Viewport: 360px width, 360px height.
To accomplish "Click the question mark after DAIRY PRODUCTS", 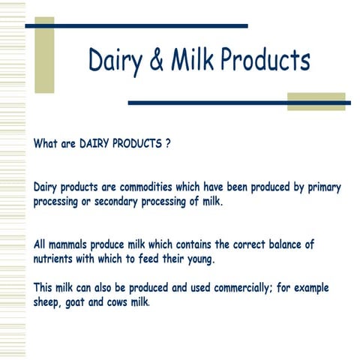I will pyautogui.click(x=168, y=142).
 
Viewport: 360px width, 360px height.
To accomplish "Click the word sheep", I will pyautogui.click(x=49, y=302).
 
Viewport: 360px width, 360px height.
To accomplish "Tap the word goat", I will pyautogui.click(x=86, y=302).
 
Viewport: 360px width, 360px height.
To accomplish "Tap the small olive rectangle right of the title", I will pyautogui.click(x=316, y=101).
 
